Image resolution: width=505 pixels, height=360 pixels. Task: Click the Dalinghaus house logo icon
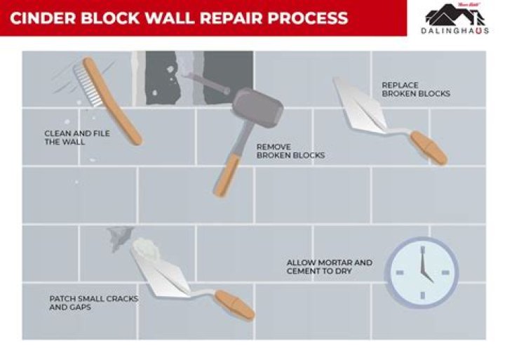(457, 15)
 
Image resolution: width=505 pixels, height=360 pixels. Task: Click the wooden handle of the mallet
(228, 168)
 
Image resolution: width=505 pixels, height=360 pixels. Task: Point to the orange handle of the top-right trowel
(428, 149)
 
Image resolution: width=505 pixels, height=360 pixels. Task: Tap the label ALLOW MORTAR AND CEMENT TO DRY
(329, 267)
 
